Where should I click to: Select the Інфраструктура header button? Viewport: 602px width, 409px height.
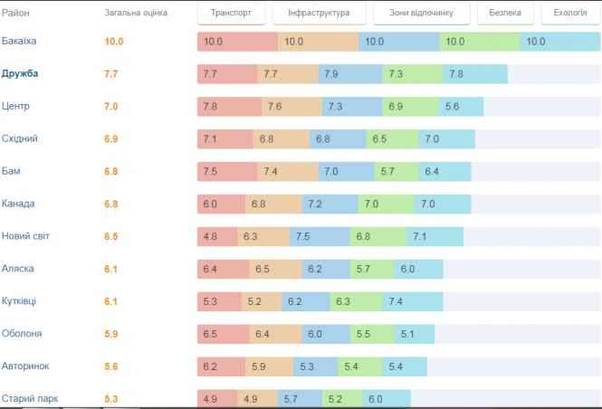(324, 14)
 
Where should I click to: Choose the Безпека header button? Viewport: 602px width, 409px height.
(505, 14)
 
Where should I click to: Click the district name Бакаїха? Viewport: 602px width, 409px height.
(20, 42)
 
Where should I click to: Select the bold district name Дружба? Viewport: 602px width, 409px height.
(20, 74)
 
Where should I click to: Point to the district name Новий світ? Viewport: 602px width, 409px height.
(26, 236)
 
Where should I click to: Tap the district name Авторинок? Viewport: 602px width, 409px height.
(25, 366)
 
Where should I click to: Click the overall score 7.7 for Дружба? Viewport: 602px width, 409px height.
(111, 74)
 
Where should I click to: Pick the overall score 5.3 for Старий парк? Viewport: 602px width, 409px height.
(111, 398)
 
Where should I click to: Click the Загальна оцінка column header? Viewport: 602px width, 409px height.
(136, 14)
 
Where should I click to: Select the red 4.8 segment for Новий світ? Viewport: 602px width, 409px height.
(217, 237)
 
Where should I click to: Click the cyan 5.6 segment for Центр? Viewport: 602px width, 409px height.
(461, 107)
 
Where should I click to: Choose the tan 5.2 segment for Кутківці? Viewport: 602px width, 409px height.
(262, 301)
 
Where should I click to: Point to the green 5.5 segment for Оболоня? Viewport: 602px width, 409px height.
(373, 334)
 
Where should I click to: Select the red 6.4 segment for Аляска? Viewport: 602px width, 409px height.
(224, 269)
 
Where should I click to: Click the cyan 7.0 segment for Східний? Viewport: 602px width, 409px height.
(446, 139)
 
